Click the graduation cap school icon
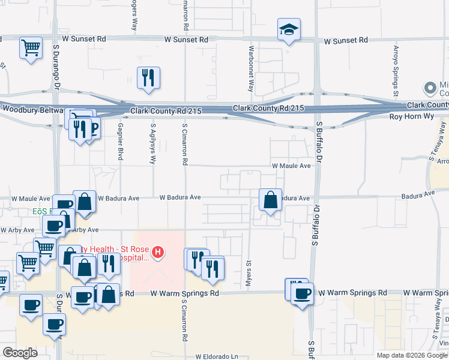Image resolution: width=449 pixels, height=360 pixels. (x=289, y=29)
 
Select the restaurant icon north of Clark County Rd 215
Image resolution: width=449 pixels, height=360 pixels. (x=148, y=77)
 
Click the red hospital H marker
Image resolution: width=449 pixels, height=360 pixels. (x=158, y=251)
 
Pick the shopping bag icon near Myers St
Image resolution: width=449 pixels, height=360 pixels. (x=271, y=200)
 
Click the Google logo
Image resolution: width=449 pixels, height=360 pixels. (x=20, y=353)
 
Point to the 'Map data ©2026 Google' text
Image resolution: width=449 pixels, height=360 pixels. (x=412, y=355)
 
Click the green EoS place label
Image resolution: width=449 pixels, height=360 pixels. (x=41, y=212)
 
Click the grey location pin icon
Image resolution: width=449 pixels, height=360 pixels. (x=430, y=88)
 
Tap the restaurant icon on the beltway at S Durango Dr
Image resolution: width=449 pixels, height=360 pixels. (x=79, y=128)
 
